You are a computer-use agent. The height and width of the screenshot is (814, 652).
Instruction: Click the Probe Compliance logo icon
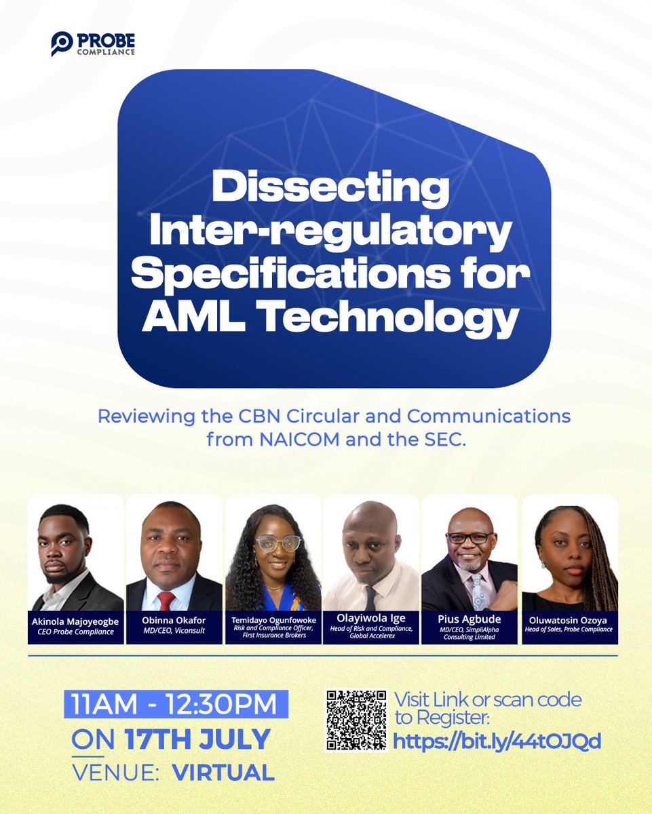(61, 43)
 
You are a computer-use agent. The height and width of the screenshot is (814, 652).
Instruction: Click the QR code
(355, 720)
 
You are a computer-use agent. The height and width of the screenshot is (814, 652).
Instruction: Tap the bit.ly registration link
(497, 741)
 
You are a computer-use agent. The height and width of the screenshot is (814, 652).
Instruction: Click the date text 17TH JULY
(197, 739)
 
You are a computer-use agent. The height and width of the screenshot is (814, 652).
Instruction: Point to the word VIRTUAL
(223, 772)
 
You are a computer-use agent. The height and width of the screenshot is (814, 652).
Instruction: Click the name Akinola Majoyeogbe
(75, 620)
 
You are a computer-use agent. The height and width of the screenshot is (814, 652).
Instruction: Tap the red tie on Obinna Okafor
(166, 600)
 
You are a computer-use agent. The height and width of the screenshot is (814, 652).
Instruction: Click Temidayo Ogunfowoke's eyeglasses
(278, 543)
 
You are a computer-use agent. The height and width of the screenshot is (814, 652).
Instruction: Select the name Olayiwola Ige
(371, 619)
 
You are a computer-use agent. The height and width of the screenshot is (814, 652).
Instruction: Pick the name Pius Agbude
(469, 619)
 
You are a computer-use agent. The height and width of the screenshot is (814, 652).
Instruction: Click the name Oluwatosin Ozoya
(569, 620)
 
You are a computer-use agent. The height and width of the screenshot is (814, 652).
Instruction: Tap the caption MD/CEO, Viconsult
(174, 629)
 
